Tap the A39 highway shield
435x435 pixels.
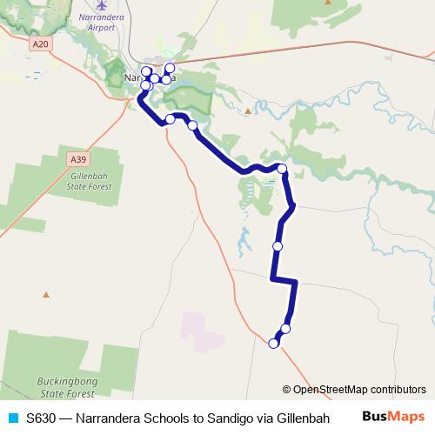coord(78,158)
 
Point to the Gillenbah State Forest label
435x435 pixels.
coord(92,180)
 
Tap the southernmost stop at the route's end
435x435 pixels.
coord(273,344)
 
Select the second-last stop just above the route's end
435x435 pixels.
coord(285,328)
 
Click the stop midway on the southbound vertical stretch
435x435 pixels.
coord(278,246)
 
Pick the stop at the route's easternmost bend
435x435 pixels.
coord(282,168)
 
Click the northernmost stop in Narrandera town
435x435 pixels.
coord(170,68)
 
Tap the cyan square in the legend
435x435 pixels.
coord(12,417)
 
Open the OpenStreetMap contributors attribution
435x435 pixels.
coord(358,390)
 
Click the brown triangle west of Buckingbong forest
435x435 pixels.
coord(45,294)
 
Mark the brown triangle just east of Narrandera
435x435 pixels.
coord(248,111)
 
